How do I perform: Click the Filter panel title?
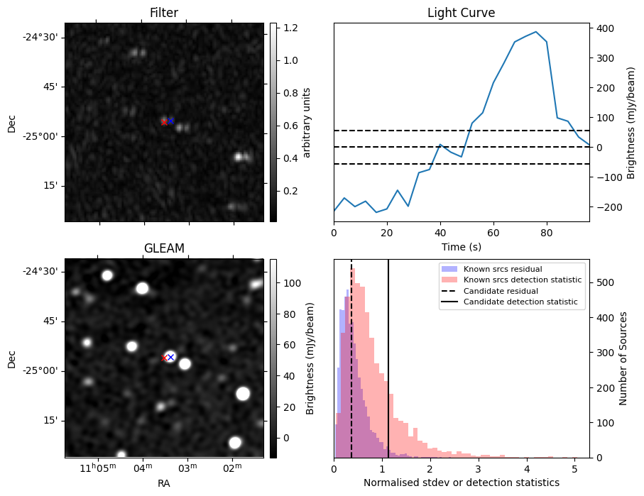tap(164, 13)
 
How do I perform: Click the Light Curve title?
tap(461, 13)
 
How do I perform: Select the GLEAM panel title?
tap(164, 248)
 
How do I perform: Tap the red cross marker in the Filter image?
tap(164, 122)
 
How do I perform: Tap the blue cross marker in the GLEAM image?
tap(170, 357)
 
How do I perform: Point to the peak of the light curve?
tap(535, 32)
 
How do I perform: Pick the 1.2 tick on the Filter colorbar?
tap(287, 28)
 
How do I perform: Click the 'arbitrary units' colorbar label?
tap(307, 122)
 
